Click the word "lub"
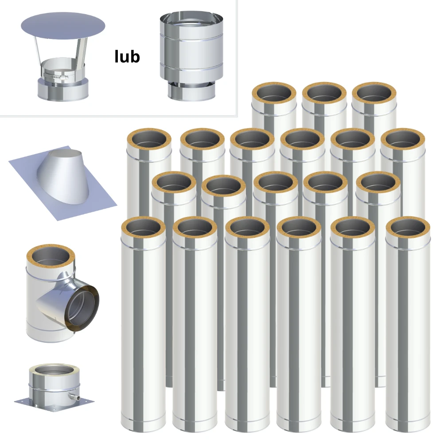[127, 57]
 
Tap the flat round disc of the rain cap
[63, 26]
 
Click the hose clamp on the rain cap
[56, 76]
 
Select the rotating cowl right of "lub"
[191, 56]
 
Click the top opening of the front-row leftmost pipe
[144, 227]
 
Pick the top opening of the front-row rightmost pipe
[408, 227]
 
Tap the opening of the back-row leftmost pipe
[274, 93]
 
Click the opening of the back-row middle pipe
[324, 93]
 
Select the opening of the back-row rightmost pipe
[374, 93]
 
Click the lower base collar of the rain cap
[63, 90]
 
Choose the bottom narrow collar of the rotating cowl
[191, 92]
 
